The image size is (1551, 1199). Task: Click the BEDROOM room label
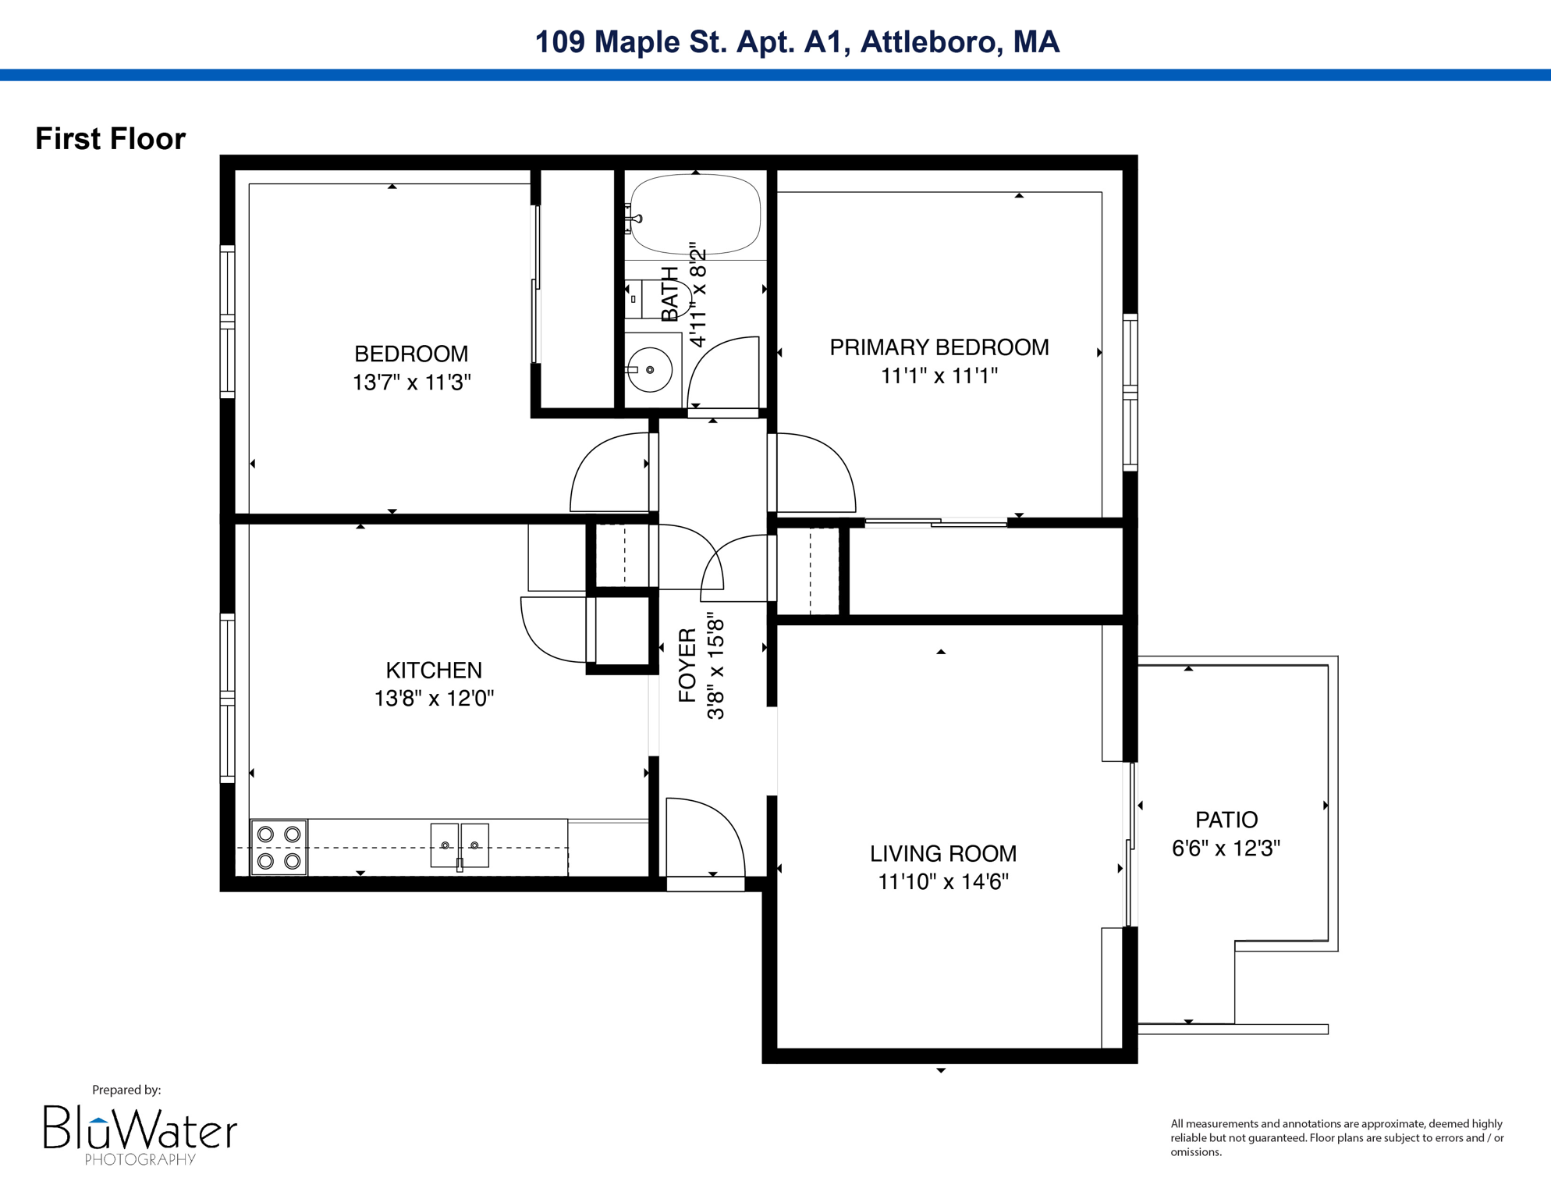(x=411, y=354)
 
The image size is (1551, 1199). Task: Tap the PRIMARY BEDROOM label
(x=939, y=347)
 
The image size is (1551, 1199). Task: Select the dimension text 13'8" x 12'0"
(x=434, y=698)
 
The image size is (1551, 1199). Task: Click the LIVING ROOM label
(x=942, y=853)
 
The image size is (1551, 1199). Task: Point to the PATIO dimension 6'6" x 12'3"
(x=1226, y=848)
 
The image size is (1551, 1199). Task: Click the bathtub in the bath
(x=695, y=215)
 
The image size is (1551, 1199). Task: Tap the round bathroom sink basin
(x=650, y=369)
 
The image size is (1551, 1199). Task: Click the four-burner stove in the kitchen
(x=279, y=847)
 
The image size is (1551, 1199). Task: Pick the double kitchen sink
(x=460, y=845)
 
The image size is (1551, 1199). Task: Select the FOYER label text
(x=687, y=664)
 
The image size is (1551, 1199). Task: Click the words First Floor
(x=110, y=139)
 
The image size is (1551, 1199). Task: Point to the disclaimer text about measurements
(x=1336, y=1137)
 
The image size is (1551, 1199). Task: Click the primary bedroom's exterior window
(x=1130, y=392)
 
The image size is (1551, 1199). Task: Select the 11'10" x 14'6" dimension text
(x=942, y=881)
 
